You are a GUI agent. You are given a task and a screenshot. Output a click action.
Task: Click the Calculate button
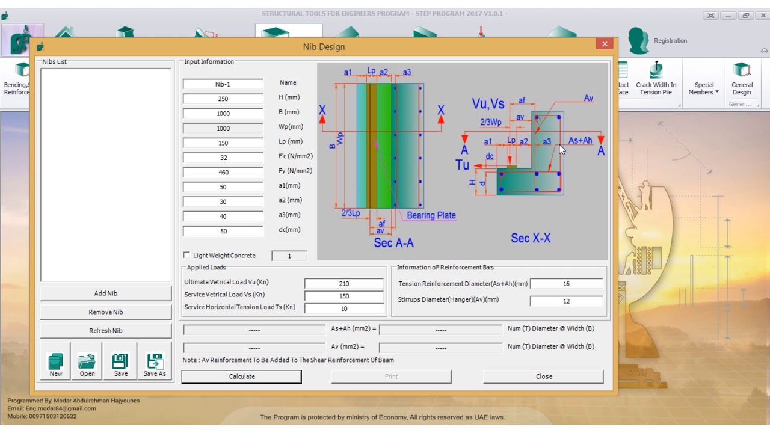(x=241, y=376)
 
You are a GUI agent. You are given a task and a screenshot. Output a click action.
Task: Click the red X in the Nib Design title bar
(x=605, y=44)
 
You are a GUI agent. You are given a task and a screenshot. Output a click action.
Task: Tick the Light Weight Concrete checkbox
(x=186, y=256)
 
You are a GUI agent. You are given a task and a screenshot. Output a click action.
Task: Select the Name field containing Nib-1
(x=223, y=84)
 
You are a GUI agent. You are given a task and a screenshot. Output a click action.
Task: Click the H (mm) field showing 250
(x=223, y=99)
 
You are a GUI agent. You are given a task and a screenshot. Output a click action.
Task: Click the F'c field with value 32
(x=223, y=158)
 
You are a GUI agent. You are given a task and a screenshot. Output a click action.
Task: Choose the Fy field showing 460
(x=223, y=172)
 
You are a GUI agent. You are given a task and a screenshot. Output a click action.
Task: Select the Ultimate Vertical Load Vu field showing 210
(x=343, y=284)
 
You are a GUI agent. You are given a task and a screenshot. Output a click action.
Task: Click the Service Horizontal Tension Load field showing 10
(x=343, y=309)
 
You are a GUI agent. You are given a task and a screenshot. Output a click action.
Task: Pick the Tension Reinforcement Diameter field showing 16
(x=565, y=284)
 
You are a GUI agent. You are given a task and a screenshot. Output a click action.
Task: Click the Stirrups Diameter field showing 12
(x=565, y=301)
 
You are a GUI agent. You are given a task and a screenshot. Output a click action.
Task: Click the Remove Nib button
(x=106, y=312)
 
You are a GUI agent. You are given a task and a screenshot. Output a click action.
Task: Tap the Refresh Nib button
(x=106, y=331)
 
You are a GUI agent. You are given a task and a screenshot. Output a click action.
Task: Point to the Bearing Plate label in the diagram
(x=431, y=215)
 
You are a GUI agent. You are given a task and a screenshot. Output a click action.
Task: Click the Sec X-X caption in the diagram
(x=531, y=238)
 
